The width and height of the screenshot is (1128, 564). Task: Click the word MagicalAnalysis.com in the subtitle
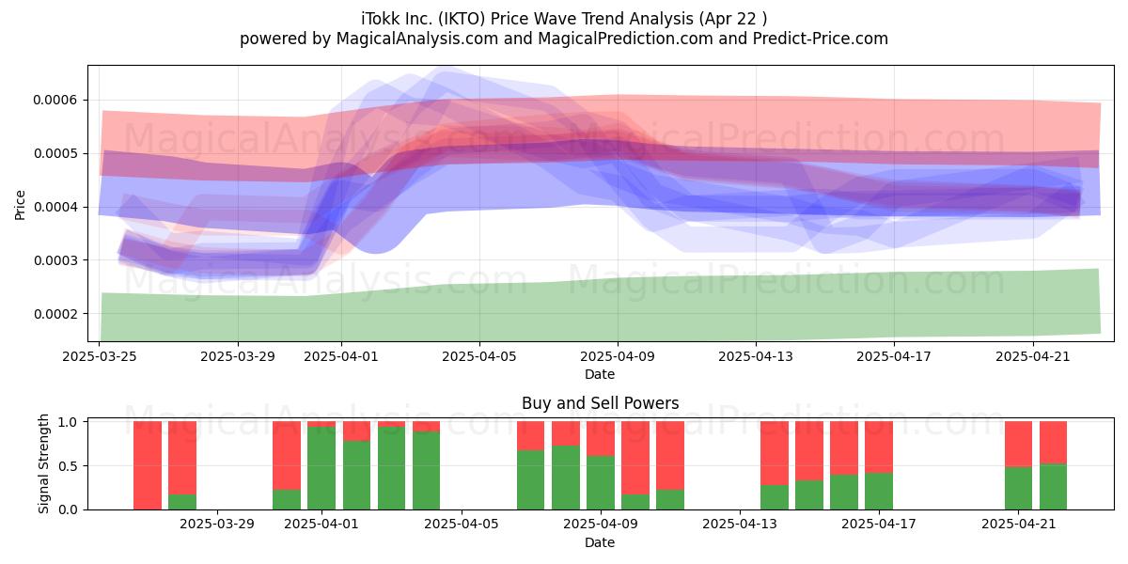click(417, 39)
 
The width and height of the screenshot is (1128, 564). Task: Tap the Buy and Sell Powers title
click(601, 403)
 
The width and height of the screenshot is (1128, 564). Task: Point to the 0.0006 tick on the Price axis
click(55, 101)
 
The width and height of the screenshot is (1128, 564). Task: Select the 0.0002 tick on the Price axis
click(55, 314)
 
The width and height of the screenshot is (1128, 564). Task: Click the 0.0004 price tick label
click(55, 207)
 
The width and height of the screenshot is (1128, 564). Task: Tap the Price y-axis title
click(20, 205)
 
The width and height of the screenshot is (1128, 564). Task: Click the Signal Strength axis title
click(44, 463)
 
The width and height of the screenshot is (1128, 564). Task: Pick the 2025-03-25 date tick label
click(100, 356)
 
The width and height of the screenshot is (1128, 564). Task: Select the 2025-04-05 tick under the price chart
click(478, 356)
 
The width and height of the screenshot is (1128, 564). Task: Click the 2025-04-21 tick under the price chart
click(1032, 356)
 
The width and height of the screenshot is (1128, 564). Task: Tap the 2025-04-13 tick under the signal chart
click(740, 525)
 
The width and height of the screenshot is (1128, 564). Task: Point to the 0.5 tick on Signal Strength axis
click(68, 466)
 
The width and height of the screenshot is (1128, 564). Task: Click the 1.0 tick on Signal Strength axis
click(68, 422)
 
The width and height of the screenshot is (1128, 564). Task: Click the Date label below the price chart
click(600, 374)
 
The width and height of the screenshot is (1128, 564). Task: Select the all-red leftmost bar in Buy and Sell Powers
click(148, 465)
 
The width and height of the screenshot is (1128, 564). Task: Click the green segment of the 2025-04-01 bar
click(321, 468)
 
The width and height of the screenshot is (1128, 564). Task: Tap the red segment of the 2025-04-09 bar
click(601, 439)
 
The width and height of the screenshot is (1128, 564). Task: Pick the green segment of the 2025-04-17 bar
click(879, 491)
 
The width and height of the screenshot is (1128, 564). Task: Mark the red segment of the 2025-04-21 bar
click(1018, 444)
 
